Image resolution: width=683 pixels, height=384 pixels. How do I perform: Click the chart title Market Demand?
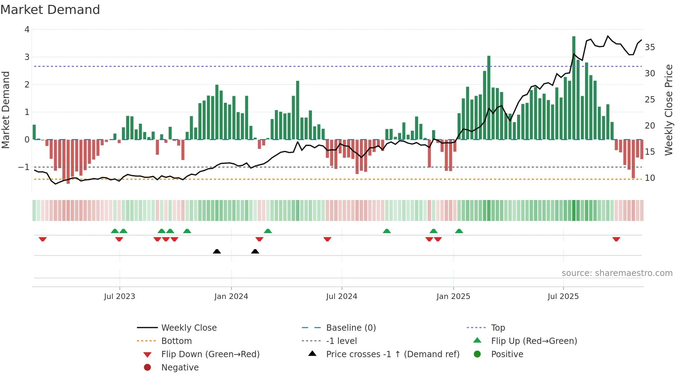pyautogui.click(x=50, y=9)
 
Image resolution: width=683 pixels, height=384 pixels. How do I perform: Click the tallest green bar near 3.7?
pyautogui.click(x=574, y=87)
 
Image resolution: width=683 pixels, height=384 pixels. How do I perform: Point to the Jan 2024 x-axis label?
pyautogui.click(x=231, y=297)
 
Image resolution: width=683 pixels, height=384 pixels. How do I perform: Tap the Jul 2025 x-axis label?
pyautogui.click(x=563, y=297)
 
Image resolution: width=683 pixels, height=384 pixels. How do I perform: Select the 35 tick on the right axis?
pyautogui.click(x=650, y=47)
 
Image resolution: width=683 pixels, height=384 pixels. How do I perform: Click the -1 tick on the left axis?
pyautogui.click(x=24, y=167)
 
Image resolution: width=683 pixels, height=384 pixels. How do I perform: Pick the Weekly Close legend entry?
pyautogui.click(x=189, y=328)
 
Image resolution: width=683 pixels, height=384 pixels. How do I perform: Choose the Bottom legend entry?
pyautogui.click(x=176, y=341)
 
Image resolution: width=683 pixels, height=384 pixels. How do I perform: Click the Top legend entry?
pyautogui.click(x=498, y=328)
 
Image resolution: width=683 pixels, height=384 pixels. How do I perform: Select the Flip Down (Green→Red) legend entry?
pyautogui.click(x=210, y=354)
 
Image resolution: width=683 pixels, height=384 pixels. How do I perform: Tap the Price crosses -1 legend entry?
pyautogui.click(x=392, y=354)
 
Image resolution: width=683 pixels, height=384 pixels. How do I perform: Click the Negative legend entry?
pyautogui.click(x=180, y=367)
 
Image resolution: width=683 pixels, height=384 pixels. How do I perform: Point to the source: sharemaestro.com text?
pyautogui.click(x=617, y=273)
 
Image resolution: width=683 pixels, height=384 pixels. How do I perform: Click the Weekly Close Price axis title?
pyautogui.click(x=668, y=110)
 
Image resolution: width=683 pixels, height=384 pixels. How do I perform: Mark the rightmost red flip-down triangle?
pyautogui.click(x=616, y=239)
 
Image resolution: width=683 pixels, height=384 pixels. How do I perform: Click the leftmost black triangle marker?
pyautogui.click(x=217, y=251)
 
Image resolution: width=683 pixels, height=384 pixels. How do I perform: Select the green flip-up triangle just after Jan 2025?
pyautogui.click(x=459, y=231)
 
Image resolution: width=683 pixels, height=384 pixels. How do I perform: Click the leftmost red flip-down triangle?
pyautogui.click(x=43, y=239)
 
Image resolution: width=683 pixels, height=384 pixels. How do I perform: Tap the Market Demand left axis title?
pyautogui.click(x=6, y=110)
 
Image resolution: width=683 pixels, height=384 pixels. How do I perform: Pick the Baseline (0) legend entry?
pyautogui.click(x=351, y=328)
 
